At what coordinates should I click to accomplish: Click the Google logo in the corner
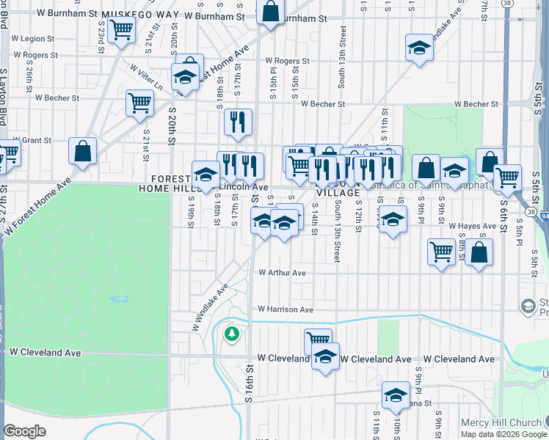[24, 431]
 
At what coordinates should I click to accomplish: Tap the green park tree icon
[233, 334]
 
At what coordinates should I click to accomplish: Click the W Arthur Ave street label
[282, 273]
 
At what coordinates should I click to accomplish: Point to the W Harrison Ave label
[286, 309]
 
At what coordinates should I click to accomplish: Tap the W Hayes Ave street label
[473, 226]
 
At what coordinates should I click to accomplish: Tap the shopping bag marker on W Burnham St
[270, 11]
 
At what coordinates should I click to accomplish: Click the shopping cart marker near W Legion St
[121, 30]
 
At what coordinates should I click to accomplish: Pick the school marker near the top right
[419, 48]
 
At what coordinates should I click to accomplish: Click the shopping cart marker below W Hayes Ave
[441, 252]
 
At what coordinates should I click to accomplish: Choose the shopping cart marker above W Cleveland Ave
[318, 340]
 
